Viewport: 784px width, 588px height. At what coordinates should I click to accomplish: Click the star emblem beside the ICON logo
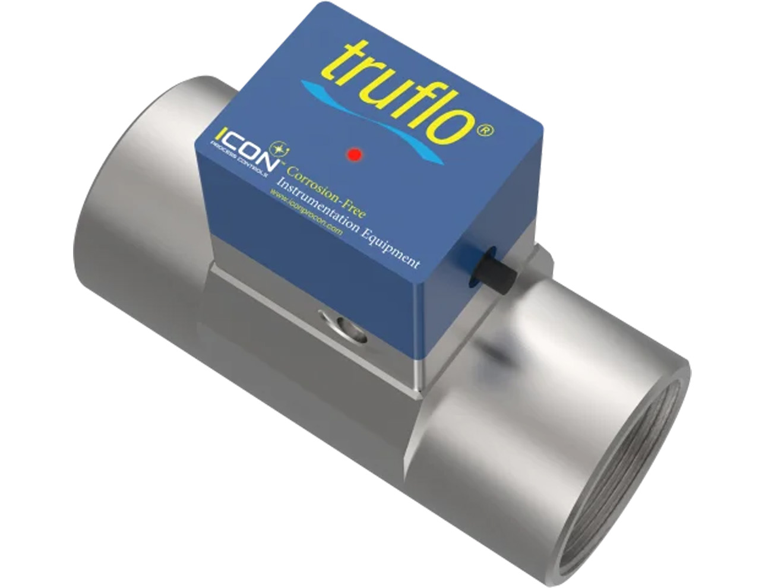tap(276, 147)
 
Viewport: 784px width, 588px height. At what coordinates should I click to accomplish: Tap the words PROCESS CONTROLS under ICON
tap(241, 162)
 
